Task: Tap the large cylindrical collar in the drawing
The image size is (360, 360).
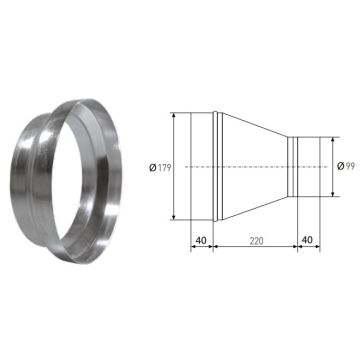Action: (200, 165)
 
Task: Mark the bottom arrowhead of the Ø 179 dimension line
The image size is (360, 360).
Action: (175, 215)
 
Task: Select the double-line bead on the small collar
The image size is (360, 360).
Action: (291, 165)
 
